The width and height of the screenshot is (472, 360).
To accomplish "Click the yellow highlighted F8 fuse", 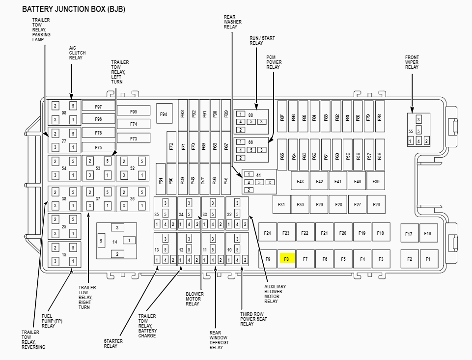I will pyautogui.click(x=286, y=258).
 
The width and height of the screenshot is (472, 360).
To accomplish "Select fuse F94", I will pyautogui.click(x=164, y=114).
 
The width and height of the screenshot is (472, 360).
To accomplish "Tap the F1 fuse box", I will pyautogui.click(x=428, y=258).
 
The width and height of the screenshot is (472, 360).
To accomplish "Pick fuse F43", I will pyautogui.click(x=300, y=181).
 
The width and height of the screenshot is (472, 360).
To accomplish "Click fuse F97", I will pyautogui.click(x=98, y=106).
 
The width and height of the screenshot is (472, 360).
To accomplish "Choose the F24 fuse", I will pyautogui.click(x=267, y=233).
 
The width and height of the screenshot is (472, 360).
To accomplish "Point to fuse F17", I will pyautogui.click(x=409, y=234).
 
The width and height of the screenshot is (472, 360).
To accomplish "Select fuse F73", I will pyautogui.click(x=133, y=138).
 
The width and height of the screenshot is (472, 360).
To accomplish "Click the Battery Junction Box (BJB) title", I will pyautogui.click(x=73, y=9).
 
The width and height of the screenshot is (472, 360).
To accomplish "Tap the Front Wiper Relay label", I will pyautogui.click(x=412, y=62).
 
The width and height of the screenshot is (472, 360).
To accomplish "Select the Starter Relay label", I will pyautogui.click(x=111, y=343).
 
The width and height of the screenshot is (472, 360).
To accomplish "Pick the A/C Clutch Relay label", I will pyautogui.click(x=77, y=53).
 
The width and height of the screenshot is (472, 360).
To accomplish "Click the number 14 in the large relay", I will pyautogui.click(x=115, y=242).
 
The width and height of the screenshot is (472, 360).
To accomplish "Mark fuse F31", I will pyautogui.click(x=281, y=204).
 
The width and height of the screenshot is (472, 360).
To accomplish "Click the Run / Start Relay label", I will pyautogui.click(x=262, y=40).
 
